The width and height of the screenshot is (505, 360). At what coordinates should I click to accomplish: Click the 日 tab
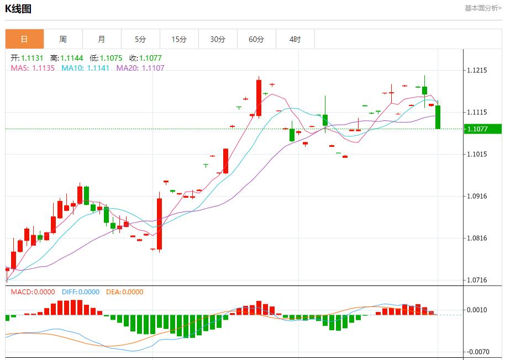24,39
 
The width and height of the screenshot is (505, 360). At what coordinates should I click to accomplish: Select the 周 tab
63,39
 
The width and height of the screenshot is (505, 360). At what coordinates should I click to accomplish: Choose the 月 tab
102,39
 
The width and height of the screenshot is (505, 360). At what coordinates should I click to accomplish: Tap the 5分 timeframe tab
140,39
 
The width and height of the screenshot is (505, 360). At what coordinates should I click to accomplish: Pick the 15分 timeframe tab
179,39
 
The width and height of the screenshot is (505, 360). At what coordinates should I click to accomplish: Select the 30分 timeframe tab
218,39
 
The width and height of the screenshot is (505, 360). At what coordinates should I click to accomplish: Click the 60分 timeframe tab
256,39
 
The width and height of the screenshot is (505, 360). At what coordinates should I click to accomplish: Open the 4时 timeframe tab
295,39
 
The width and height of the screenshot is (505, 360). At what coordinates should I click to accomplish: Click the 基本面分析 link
483,8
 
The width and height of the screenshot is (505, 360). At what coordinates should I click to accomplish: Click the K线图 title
18,9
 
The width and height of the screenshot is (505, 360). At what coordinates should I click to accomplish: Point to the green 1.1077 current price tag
482,129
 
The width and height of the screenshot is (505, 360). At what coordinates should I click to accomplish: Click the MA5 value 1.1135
44,68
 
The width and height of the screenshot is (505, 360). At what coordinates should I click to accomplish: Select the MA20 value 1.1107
153,68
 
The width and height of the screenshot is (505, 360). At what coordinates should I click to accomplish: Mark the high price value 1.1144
72,58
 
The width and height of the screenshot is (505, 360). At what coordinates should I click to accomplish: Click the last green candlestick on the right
438,117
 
